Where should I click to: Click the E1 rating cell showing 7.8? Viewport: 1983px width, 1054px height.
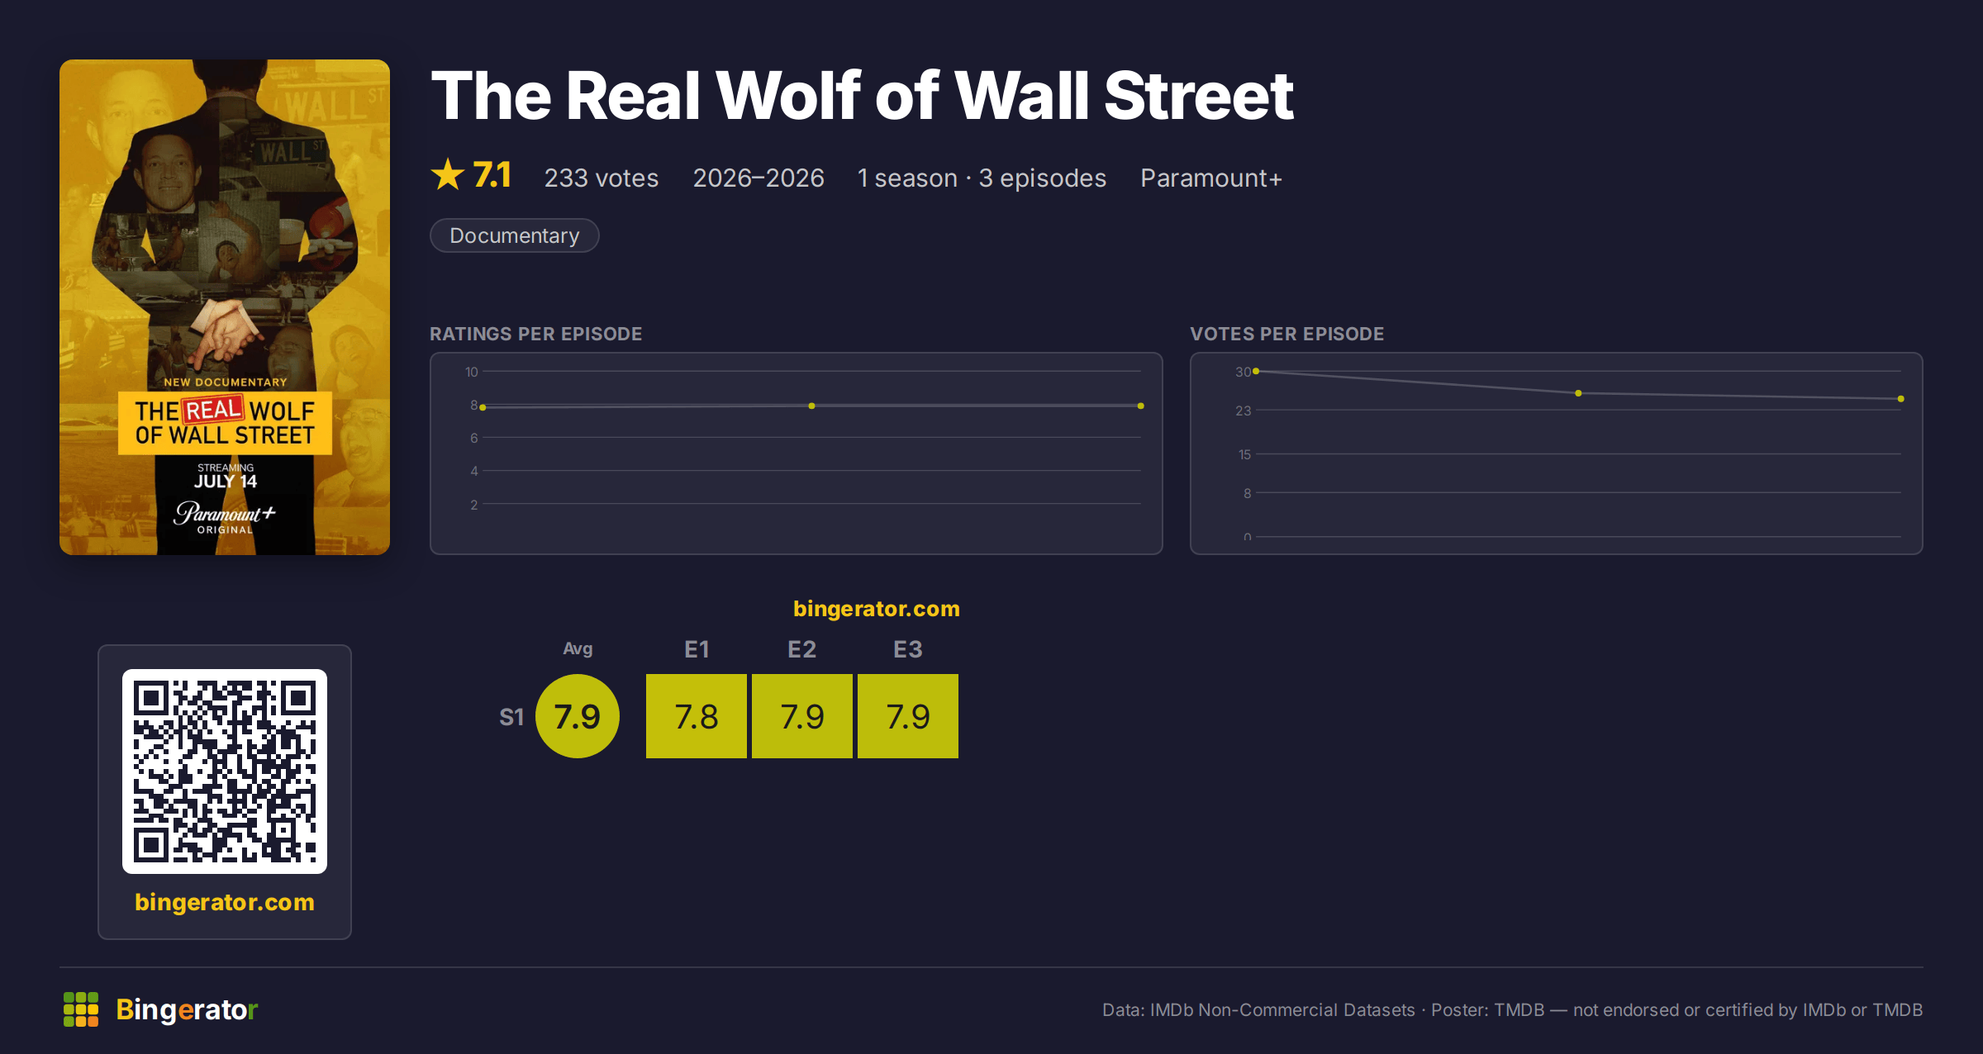[696, 716]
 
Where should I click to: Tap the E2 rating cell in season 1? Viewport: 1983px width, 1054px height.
[801, 716]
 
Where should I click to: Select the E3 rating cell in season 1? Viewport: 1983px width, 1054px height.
[907, 716]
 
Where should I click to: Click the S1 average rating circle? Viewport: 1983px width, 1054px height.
[578, 716]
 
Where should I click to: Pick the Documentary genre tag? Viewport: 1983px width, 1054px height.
[514, 235]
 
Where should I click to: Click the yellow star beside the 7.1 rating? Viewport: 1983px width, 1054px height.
[448, 174]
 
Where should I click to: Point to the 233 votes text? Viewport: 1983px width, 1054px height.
[601, 178]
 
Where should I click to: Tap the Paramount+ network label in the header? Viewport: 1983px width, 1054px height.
[1210, 178]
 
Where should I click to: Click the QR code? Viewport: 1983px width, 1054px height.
[225, 772]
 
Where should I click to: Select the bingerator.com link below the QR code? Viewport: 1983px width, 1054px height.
[225, 902]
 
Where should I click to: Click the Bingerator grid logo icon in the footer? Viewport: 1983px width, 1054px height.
[81, 1009]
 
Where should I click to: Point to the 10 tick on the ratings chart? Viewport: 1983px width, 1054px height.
[472, 372]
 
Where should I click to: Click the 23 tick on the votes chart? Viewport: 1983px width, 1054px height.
[1243, 411]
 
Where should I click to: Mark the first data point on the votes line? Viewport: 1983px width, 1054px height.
[1256, 371]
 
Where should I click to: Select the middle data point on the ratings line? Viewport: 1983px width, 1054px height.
[811, 406]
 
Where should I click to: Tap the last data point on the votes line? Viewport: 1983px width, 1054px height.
[1901, 399]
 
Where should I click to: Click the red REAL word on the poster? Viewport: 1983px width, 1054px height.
[213, 410]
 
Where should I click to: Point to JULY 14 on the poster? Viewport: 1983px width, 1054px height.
[226, 482]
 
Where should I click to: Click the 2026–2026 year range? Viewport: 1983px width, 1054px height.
[758, 178]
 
